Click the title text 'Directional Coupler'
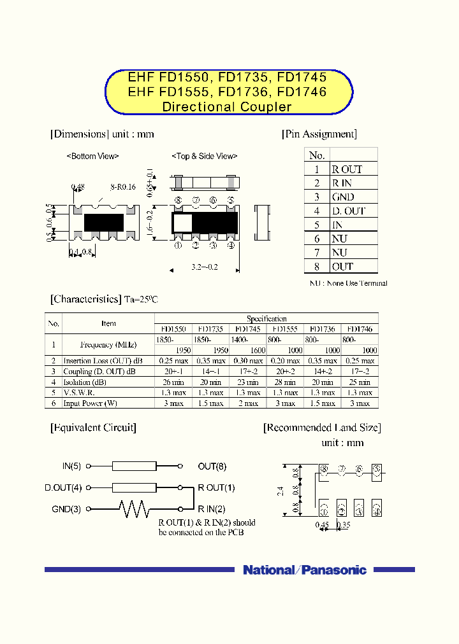tap(227, 107)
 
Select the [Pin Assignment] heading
tap(319, 134)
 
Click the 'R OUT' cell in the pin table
tap(347, 169)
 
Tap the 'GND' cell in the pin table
tap(343, 197)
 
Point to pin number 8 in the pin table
tap(316, 267)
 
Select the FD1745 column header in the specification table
tap(248, 329)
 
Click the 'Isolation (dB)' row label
tap(85, 382)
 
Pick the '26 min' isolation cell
tap(173, 382)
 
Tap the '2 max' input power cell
tap(248, 403)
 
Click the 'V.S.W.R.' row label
tap(78, 393)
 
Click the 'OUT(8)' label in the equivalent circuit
tap(212, 466)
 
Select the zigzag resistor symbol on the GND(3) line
tap(134, 508)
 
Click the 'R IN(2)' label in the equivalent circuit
tap(212, 508)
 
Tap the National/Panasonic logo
tap(305, 570)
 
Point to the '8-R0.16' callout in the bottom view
tap(123, 187)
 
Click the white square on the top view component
tap(182, 222)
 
